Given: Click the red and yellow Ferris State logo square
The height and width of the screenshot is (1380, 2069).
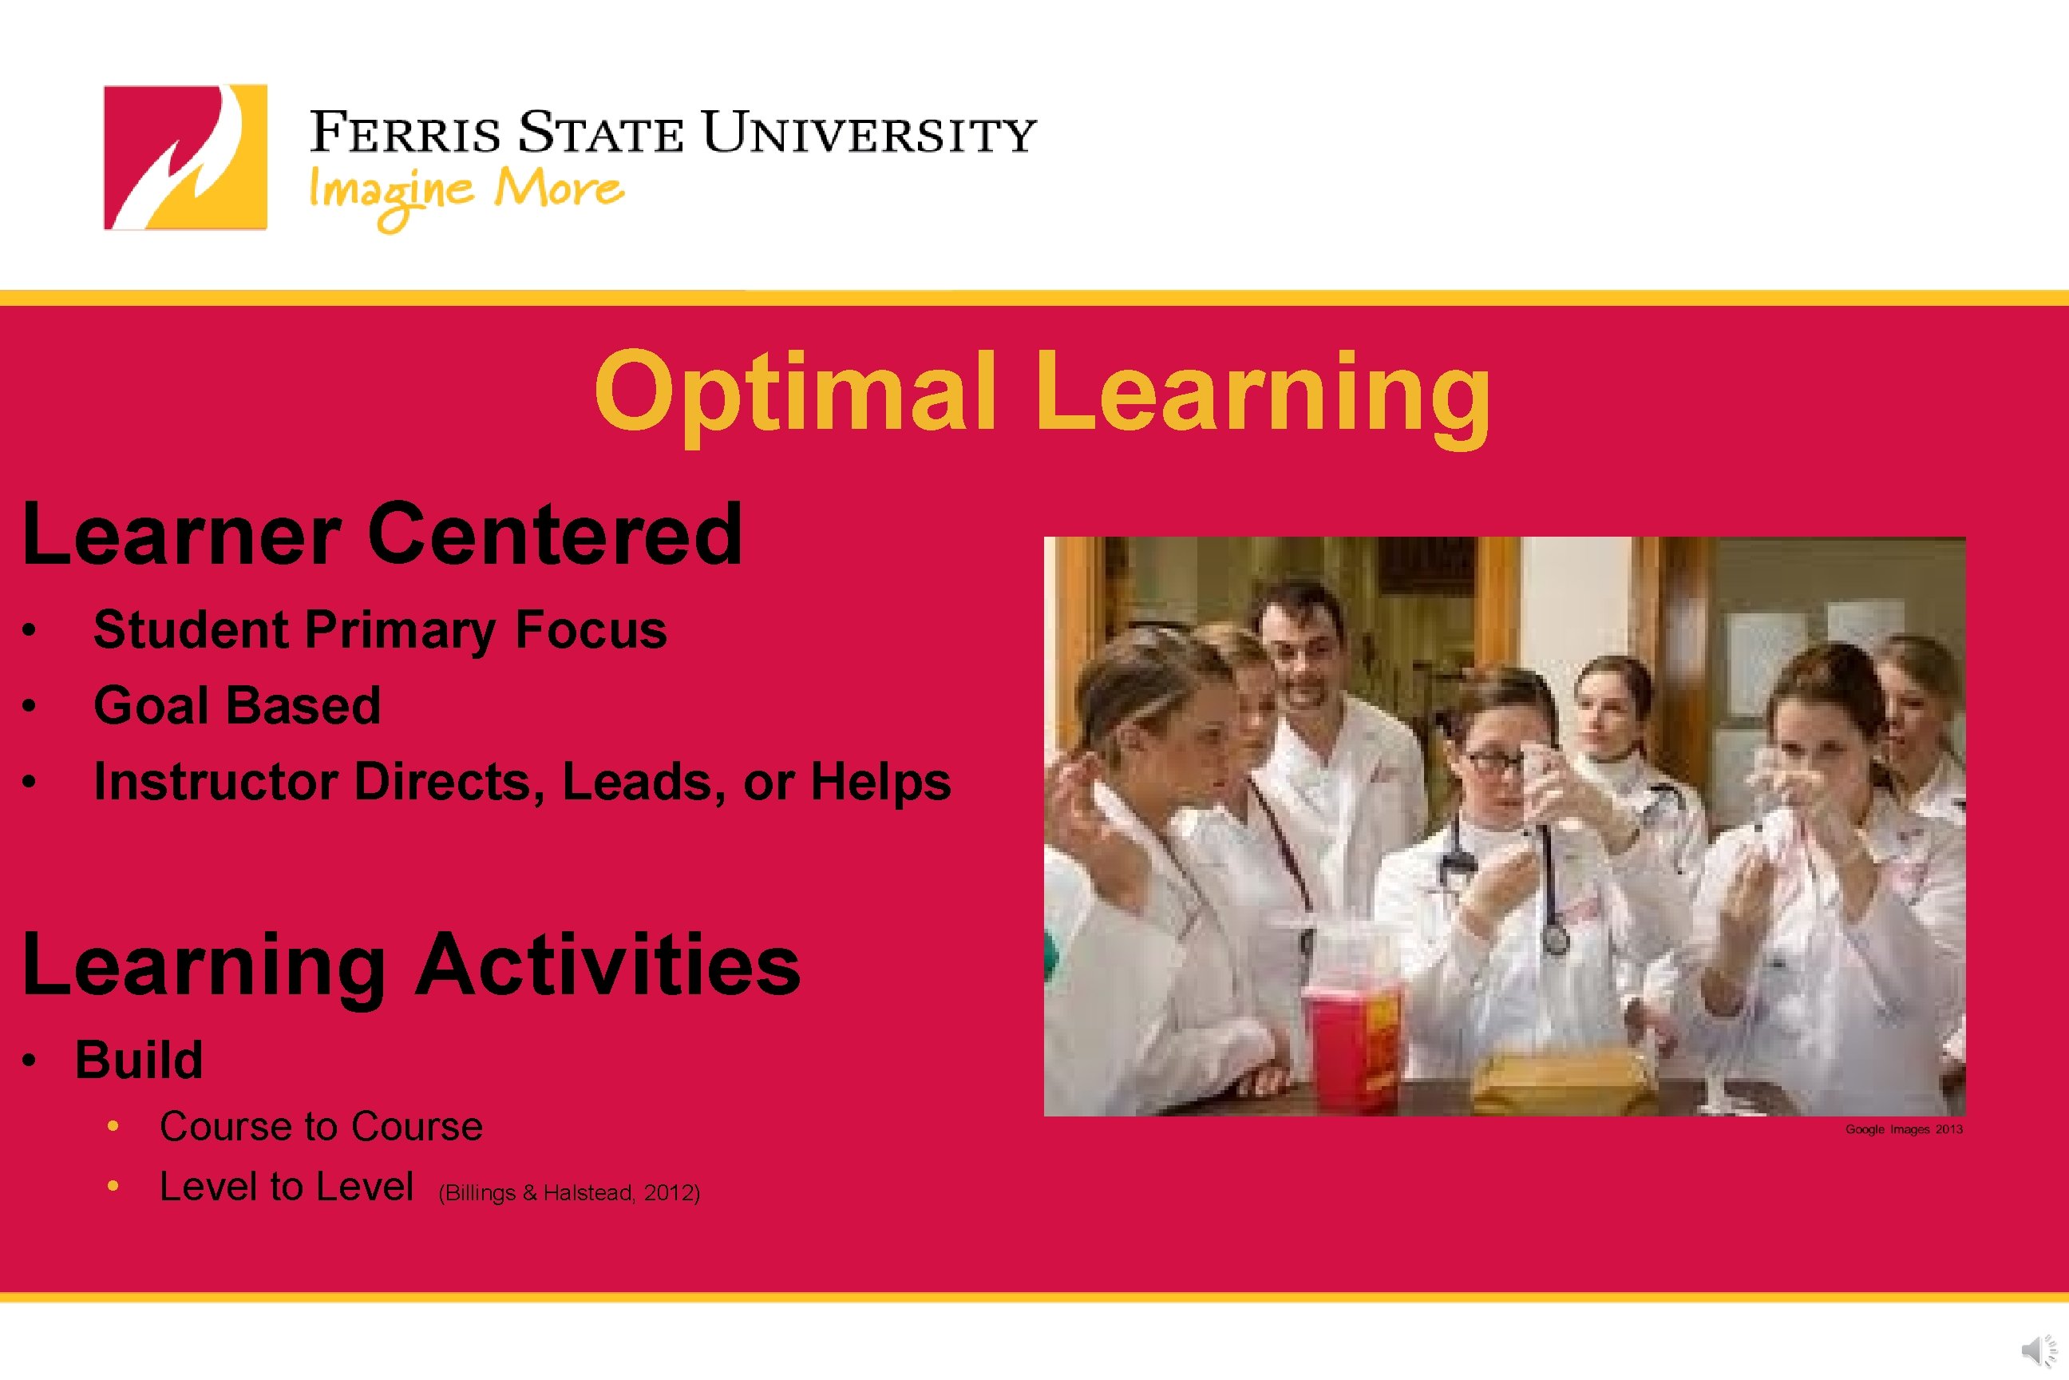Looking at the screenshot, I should pos(184,157).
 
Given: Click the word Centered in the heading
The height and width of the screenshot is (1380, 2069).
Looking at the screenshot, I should pos(555,533).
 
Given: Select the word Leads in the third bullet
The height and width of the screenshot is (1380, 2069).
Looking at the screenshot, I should pos(638,782).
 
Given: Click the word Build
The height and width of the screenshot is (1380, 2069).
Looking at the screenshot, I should pos(139,1060).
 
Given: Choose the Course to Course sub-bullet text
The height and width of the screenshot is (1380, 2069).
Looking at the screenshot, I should pos(321,1127).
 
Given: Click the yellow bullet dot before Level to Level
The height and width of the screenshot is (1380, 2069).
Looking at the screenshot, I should pos(113,1187).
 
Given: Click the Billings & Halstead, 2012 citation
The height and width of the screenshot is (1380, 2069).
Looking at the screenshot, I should pos(569,1192).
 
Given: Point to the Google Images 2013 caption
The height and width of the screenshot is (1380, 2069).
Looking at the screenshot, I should pos(1904,1129).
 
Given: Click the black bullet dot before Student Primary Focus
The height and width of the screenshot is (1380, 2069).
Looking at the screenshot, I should pos(30,630).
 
